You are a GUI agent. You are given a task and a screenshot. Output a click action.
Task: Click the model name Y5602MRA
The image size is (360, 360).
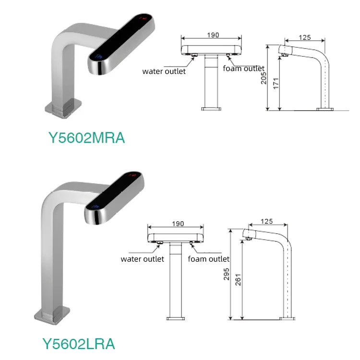point(87,138)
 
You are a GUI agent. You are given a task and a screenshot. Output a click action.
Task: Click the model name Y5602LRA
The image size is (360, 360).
point(79,344)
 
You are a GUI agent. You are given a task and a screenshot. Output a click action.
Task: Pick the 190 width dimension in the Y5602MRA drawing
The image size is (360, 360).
point(213,35)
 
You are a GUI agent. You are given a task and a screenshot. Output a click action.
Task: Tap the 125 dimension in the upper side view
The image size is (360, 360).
point(305,37)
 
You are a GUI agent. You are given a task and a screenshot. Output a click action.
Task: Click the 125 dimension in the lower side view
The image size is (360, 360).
point(267,221)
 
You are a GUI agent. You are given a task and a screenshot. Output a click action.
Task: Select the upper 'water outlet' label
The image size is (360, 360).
point(164,72)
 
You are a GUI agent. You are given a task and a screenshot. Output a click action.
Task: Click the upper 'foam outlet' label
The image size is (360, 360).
point(244,69)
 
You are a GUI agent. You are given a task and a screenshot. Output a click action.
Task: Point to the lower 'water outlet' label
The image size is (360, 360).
point(142,259)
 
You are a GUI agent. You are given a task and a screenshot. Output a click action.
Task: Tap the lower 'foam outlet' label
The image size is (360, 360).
point(209,259)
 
